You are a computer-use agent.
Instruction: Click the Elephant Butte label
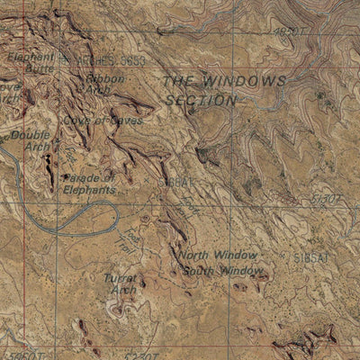[x=30, y=61]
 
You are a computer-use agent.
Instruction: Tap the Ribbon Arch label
[x=104, y=85]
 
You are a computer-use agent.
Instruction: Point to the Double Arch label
[x=29, y=141]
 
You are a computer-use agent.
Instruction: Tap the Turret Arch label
[x=120, y=284]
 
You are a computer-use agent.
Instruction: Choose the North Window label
[x=217, y=255]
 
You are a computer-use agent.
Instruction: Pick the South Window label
[x=222, y=270]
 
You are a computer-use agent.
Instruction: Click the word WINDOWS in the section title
[x=245, y=81]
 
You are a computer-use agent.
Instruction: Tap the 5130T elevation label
[x=327, y=196]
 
